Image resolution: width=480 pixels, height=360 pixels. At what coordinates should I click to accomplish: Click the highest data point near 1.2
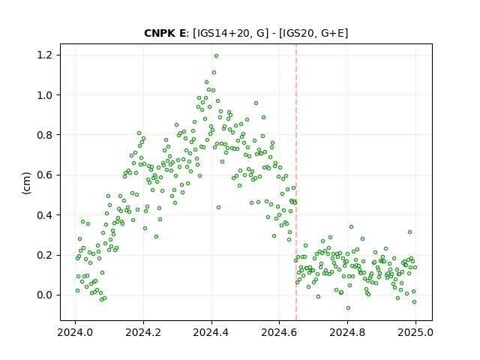pos(216,56)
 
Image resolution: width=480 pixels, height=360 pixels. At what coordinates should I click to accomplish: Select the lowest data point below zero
pos(348,308)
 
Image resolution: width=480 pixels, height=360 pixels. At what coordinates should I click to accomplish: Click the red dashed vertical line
pos(296,182)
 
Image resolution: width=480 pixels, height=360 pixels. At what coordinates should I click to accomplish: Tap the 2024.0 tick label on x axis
pos(75,332)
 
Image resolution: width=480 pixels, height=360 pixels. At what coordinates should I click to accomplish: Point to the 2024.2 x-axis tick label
pos(143,332)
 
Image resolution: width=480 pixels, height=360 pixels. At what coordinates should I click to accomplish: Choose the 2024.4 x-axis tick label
pos(211,332)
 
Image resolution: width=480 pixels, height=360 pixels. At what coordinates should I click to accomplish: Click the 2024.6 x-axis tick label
pos(279,332)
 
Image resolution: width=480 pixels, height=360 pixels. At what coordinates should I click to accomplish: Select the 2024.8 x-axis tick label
pos(347,332)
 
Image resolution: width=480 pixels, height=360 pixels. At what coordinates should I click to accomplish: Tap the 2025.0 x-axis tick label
pos(415,332)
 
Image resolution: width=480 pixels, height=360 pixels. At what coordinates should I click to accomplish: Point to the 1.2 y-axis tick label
pos(44,55)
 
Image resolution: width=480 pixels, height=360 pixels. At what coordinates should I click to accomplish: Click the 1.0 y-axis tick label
pos(44,95)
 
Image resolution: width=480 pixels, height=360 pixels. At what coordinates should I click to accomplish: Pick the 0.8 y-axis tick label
pos(44,135)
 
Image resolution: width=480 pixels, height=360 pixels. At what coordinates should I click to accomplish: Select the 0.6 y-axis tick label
pos(44,175)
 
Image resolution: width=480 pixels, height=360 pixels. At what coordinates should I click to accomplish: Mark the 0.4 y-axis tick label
pos(44,215)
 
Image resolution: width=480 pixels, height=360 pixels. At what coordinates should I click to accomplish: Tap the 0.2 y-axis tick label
pos(44,255)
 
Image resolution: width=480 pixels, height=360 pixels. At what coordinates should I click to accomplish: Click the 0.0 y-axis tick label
pos(44,295)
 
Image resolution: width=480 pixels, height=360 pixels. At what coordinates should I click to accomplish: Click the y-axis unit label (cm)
pos(26,183)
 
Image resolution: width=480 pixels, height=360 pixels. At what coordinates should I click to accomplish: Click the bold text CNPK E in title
pos(165,33)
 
